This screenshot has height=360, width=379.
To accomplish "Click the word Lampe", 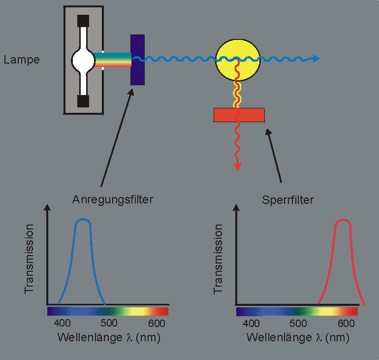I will tap(22, 60).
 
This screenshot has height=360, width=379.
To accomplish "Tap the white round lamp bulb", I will tap(83, 60).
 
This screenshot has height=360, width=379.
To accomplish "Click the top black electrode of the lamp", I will tap(83, 21).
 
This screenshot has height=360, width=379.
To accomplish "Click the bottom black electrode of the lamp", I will tap(83, 100).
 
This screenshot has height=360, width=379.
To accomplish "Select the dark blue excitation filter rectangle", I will tap(137, 60).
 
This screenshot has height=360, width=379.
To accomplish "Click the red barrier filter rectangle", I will tap(239, 115).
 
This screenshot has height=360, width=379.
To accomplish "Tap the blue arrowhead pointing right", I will tap(316, 59).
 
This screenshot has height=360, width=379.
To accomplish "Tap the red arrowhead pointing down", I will tap(238, 166).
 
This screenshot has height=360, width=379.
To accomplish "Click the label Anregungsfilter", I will tap(113, 199).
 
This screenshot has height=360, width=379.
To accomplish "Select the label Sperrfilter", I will tap(288, 200).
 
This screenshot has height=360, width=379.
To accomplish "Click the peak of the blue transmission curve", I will tap(83, 220).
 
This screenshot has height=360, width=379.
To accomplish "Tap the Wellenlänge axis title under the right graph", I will tap(298, 338).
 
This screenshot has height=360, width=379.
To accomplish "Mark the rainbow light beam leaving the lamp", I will tap(113, 60).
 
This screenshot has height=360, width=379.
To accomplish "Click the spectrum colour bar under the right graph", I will tap(297, 311).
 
